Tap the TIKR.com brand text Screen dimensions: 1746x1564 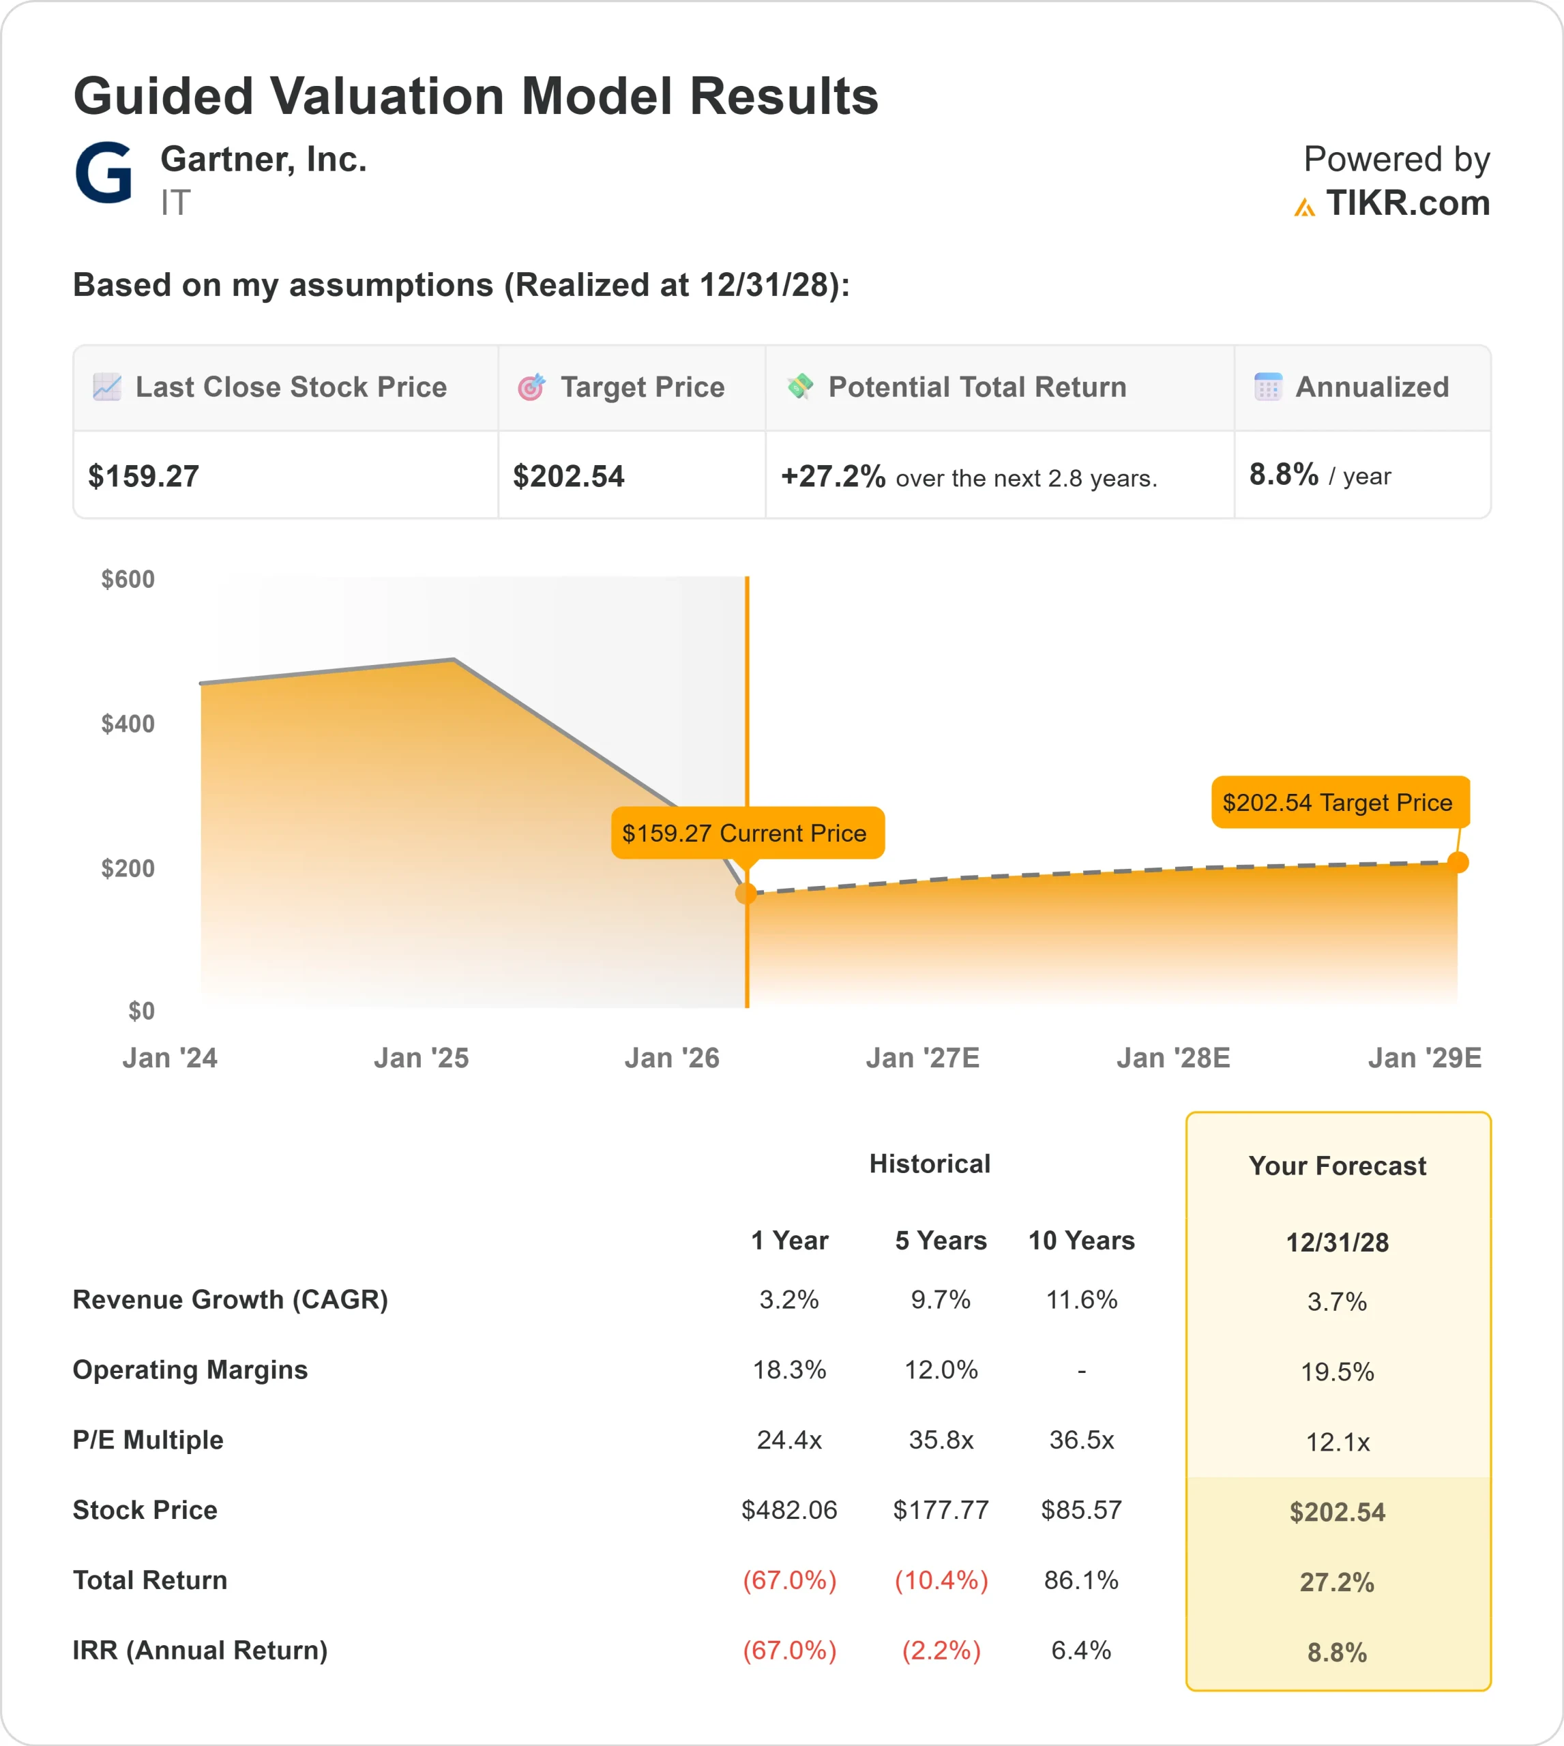(1406, 204)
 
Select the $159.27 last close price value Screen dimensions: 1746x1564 (143, 476)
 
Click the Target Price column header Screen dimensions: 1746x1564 (642, 387)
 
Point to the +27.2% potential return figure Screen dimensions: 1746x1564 (832, 476)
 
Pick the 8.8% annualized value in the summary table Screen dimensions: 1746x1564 (1283, 474)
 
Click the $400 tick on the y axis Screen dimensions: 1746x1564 (128, 724)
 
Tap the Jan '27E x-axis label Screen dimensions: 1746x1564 (922, 1058)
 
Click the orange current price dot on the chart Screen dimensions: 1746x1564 (746, 893)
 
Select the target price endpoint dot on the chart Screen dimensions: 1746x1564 (1458, 862)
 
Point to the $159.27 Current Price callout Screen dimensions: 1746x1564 (744, 833)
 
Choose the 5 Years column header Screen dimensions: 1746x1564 (941, 1241)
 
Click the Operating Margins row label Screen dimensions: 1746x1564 (190, 1370)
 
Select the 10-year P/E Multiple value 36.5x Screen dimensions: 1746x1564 (1081, 1440)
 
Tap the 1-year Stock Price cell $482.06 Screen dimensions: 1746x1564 (789, 1510)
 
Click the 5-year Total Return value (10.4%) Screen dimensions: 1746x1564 (941, 1580)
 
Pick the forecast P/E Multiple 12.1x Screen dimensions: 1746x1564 (1337, 1442)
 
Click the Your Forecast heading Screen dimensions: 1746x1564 (1337, 1166)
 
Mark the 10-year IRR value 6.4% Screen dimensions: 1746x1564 (1081, 1650)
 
